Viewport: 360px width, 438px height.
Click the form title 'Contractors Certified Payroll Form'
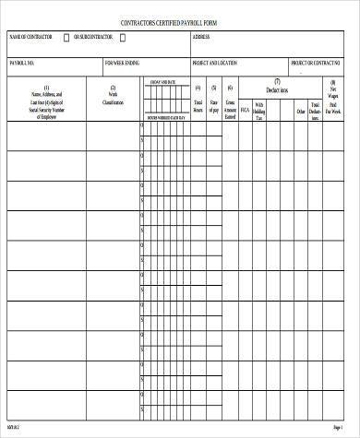(179, 19)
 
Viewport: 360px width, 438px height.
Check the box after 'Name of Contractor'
(66, 38)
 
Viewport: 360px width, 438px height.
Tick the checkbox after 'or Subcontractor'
(141, 38)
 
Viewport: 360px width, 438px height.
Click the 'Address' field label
(201, 38)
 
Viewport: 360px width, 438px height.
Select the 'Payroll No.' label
(22, 63)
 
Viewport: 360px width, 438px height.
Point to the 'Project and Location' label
(214, 63)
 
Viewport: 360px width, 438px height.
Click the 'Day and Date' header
(162, 81)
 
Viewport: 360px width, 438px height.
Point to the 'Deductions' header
(277, 91)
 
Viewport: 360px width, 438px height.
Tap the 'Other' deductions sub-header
(300, 112)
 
